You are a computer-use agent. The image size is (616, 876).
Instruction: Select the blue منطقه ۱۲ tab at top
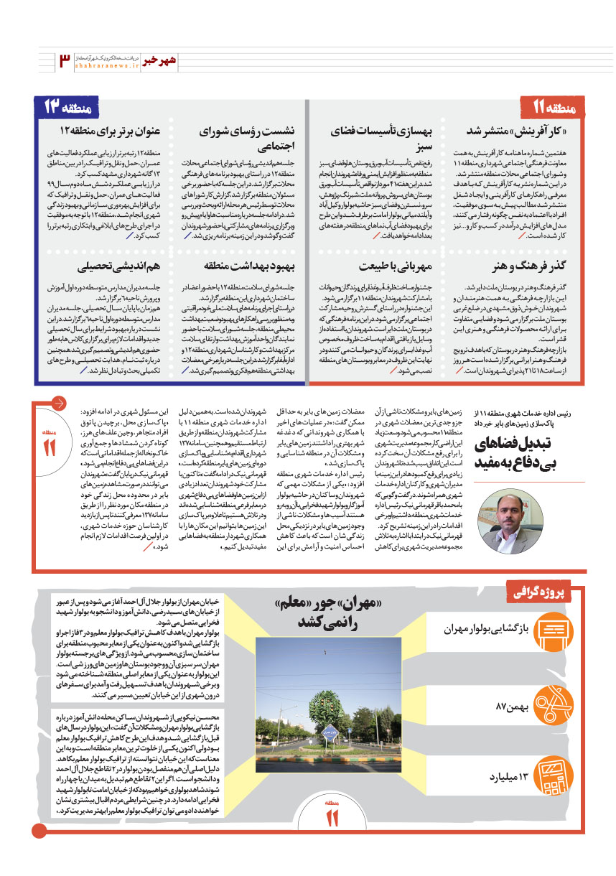pyautogui.click(x=69, y=108)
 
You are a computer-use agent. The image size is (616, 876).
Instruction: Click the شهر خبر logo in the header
pyautogui.click(x=158, y=61)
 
